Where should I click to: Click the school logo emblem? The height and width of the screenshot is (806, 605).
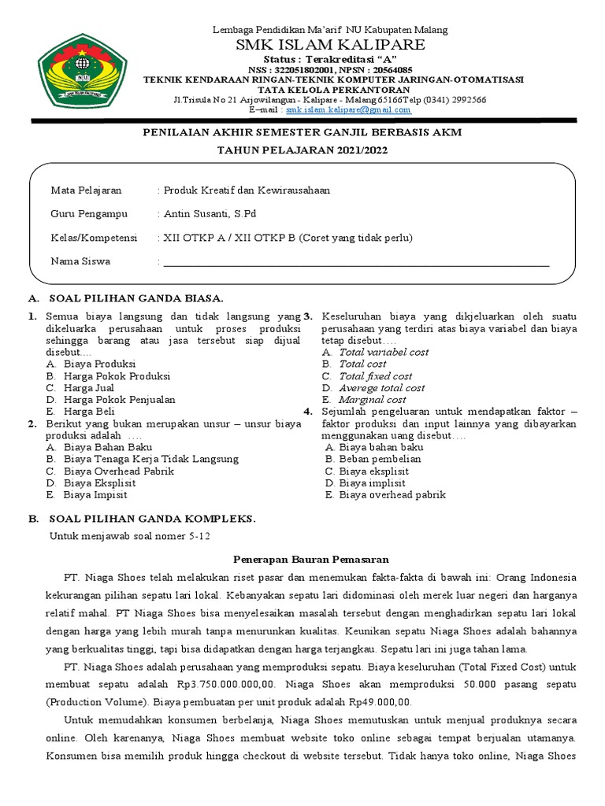point(83,70)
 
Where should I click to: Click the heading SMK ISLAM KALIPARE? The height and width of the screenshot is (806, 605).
point(330,44)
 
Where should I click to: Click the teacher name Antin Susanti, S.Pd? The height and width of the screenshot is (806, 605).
point(209,214)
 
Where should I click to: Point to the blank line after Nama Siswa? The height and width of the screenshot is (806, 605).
point(355,266)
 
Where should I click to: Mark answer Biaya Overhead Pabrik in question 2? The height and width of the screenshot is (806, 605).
point(119,471)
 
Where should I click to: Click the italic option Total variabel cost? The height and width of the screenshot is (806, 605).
point(384,352)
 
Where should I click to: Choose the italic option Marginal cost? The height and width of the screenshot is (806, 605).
point(373,400)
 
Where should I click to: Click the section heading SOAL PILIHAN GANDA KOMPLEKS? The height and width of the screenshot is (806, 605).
point(152,519)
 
